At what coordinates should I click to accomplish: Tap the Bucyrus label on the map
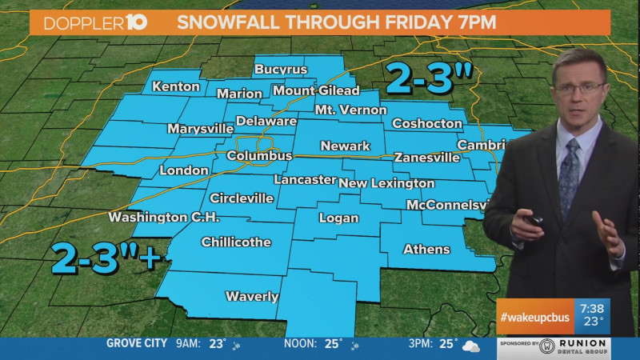point(281,70)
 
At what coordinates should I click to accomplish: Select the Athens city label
point(426,250)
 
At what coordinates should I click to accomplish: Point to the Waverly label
point(251,297)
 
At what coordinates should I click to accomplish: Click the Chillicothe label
point(236,242)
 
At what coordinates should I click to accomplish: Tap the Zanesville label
point(427,158)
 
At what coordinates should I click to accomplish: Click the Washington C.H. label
point(163,218)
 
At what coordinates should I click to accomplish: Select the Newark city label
point(345,146)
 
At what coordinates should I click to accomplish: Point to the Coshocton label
point(428,124)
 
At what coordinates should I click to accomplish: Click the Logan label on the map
point(338,218)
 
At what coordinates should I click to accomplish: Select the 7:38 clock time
point(592,308)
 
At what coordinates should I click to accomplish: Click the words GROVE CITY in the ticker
point(137,344)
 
